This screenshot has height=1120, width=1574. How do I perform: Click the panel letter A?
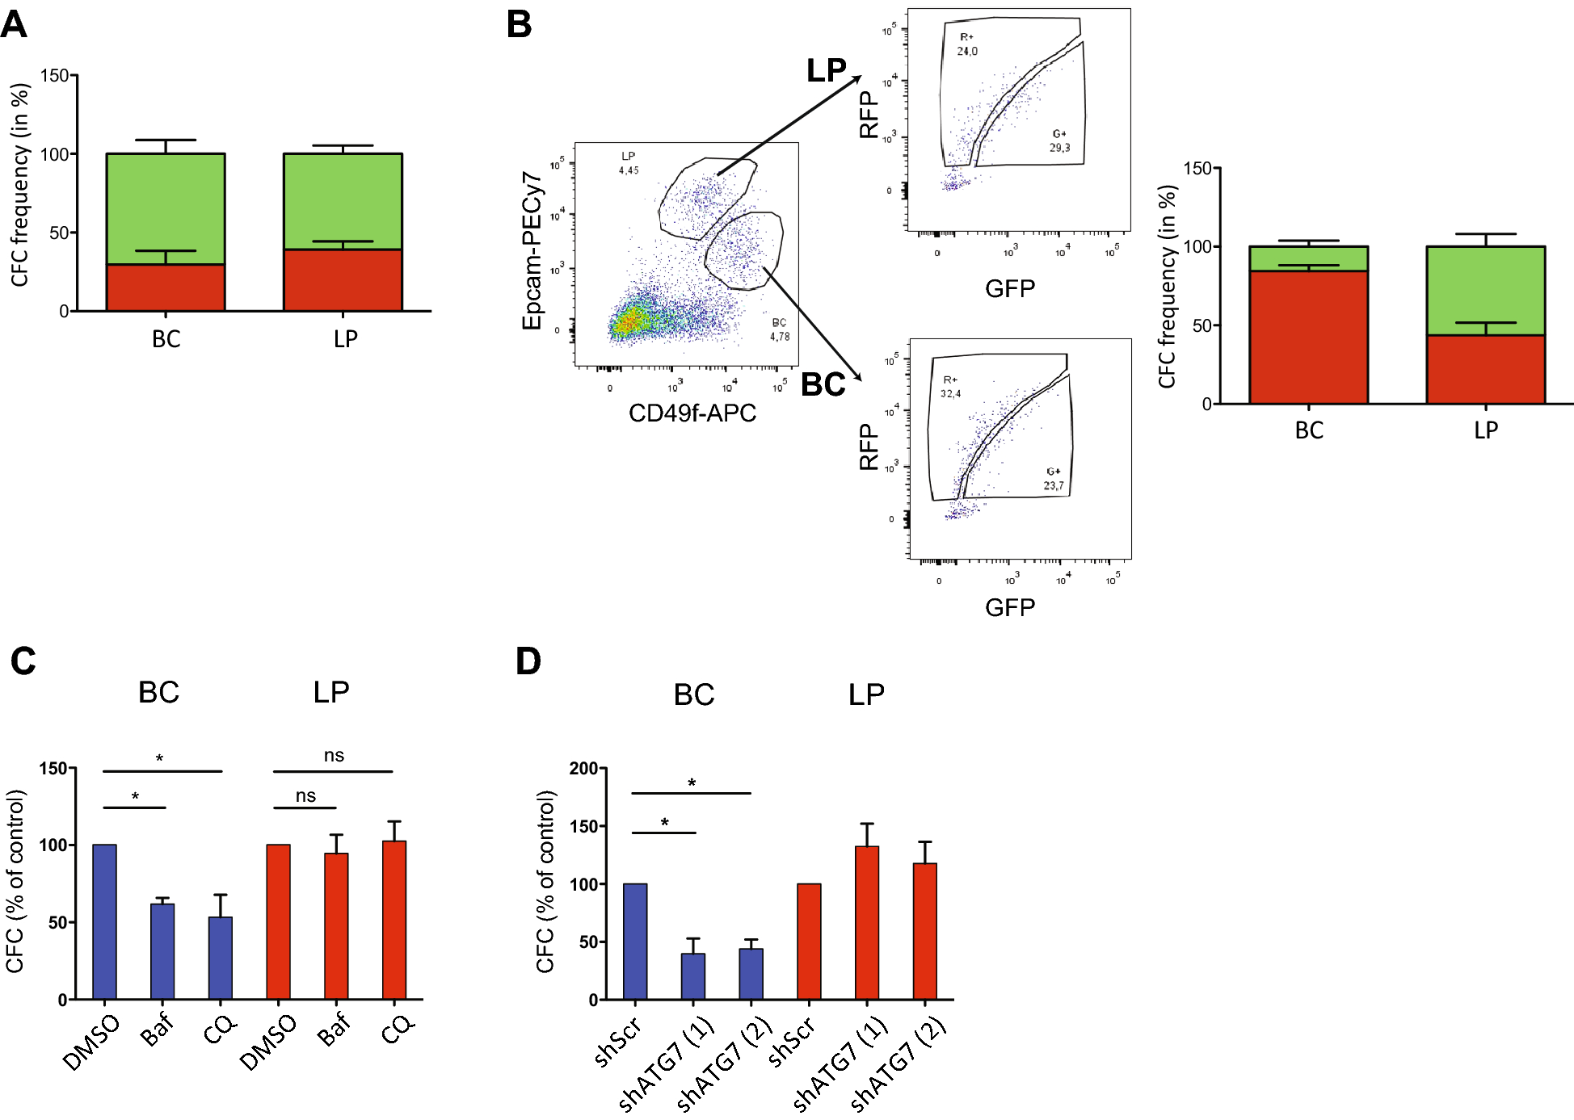click(14, 24)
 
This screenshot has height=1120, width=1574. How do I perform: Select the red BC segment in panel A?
click(166, 287)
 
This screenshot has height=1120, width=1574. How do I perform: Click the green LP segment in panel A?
click(343, 201)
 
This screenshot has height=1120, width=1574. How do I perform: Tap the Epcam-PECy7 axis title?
click(532, 250)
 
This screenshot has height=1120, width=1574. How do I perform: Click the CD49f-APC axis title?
click(692, 413)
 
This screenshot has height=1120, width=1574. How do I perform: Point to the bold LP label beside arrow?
click(826, 71)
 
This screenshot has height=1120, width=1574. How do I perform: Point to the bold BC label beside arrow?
click(823, 384)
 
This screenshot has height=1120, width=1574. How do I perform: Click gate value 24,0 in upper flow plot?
click(967, 51)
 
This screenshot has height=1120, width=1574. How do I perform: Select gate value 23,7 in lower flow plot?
click(1053, 485)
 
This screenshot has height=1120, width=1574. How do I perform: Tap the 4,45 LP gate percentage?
click(629, 170)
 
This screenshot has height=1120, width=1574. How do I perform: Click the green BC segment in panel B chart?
click(1307, 258)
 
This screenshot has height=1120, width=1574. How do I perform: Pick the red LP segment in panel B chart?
click(1485, 369)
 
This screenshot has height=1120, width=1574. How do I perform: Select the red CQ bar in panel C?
click(394, 920)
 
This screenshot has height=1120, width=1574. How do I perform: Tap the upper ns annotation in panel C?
click(334, 756)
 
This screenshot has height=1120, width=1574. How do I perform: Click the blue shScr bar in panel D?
click(635, 942)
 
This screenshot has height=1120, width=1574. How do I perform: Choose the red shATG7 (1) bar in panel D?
click(867, 922)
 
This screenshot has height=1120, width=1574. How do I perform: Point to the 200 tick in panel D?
click(583, 768)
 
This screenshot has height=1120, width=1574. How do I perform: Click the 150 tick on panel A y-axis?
click(54, 76)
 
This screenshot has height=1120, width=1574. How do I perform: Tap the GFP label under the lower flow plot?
click(1009, 607)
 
